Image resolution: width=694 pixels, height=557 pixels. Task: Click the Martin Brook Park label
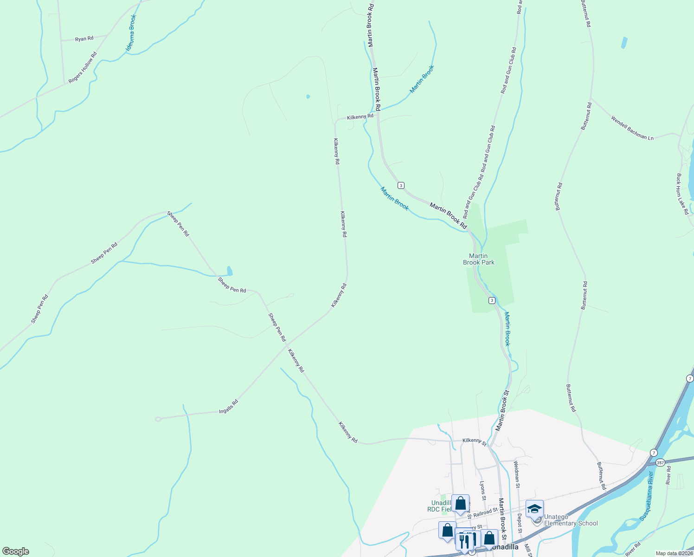(x=479, y=259)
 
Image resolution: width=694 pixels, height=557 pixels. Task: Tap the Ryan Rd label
(x=84, y=39)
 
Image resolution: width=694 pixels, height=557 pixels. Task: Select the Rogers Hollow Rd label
(x=83, y=68)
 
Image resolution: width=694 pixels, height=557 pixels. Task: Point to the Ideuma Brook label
(x=131, y=33)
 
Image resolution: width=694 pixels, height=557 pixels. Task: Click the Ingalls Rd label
(x=228, y=407)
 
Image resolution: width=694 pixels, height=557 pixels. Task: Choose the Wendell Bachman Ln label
(x=632, y=128)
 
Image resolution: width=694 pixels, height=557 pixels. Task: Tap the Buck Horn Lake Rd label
(x=682, y=194)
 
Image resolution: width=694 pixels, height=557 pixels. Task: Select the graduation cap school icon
(x=534, y=509)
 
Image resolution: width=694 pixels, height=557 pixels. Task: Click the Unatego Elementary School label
(x=571, y=520)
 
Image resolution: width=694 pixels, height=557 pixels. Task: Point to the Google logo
(x=15, y=551)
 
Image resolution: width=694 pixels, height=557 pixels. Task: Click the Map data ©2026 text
(x=673, y=553)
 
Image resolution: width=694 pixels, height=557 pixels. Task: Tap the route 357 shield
(x=661, y=462)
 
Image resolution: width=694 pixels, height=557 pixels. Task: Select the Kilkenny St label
(x=474, y=442)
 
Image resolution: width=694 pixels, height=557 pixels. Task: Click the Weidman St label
(x=517, y=474)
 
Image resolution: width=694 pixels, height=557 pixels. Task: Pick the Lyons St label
(x=482, y=491)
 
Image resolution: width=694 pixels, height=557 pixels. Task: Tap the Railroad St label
(x=485, y=512)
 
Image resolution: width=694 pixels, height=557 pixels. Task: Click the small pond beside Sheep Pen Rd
(x=229, y=271)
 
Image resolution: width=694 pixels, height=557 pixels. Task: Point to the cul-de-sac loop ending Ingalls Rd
(x=158, y=419)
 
